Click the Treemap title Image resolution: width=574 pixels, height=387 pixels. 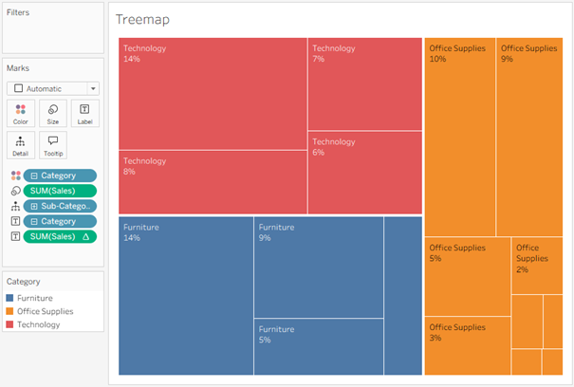point(142,19)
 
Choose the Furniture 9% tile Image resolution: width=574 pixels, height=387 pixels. point(318,267)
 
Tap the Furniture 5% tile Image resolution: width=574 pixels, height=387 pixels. point(318,346)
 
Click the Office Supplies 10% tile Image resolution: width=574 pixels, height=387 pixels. point(459,138)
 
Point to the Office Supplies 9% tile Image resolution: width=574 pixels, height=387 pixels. point(528,138)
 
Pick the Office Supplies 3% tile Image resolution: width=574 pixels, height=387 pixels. point(467,346)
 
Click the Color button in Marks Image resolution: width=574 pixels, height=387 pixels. point(21,114)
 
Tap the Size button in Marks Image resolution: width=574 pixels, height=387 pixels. point(52,114)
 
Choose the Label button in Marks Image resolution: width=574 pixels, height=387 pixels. point(84,114)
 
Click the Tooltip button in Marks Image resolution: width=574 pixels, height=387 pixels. point(52,145)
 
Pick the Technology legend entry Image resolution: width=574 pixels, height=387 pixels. point(38,324)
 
